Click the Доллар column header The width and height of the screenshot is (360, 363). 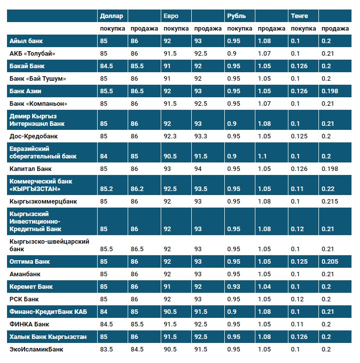pyautogui.click(x=111, y=16)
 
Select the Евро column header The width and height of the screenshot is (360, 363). pyautogui.click(x=171, y=16)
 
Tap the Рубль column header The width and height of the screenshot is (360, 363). pyautogui.click(x=236, y=16)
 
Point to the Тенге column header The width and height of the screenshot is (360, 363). pyautogui.click(x=299, y=16)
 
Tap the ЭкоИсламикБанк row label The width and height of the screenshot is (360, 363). pyautogui.click(x=36, y=349)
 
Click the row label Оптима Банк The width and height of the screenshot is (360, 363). pyautogui.click(x=30, y=262)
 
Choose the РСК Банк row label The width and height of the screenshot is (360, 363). pyautogui.click(x=24, y=299)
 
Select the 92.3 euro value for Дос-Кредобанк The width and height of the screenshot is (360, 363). pyautogui.click(x=171, y=136)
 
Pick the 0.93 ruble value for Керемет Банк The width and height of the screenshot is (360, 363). pyautogui.click(x=233, y=287)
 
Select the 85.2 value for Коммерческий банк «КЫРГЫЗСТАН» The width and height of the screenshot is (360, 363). pyautogui.click(x=106, y=189)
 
